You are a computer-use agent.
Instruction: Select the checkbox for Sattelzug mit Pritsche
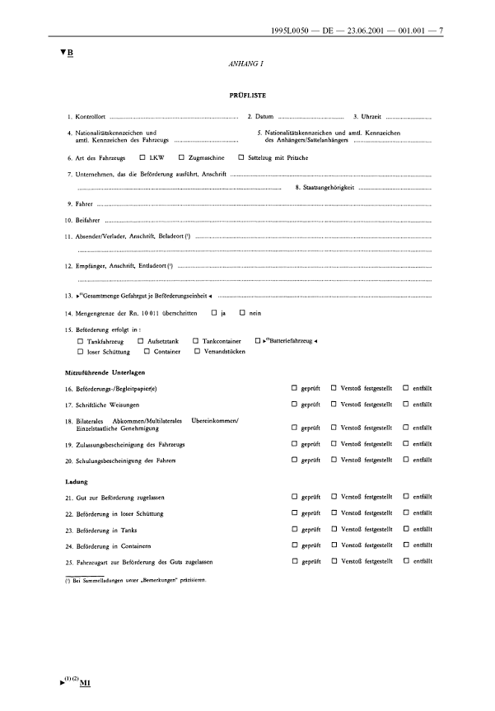pos(240,157)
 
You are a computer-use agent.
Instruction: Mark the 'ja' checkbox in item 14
pos(259,313)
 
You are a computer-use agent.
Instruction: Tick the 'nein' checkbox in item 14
pos(288,313)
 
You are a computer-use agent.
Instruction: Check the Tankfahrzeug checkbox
pos(80,340)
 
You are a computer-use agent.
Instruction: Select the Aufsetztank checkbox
pos(141,340)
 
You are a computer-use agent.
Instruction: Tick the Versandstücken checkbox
pos(197,351)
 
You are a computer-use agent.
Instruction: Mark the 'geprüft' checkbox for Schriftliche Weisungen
pos(294,405)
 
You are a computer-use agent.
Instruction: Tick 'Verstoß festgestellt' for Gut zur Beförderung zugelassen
pos(334,498)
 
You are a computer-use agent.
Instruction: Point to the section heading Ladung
pos(77,481)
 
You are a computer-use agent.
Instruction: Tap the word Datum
pos(264,118)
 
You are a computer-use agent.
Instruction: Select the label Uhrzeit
pos(370,118)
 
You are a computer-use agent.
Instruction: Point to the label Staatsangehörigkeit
pos(326,189)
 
